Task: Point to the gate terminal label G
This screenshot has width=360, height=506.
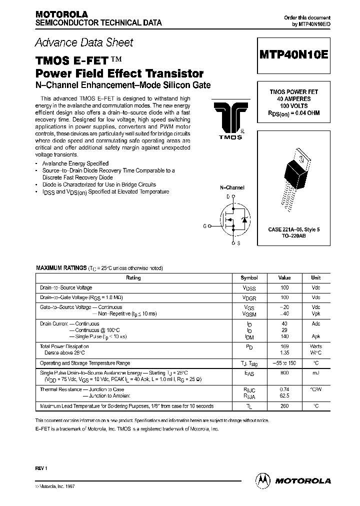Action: click(205, 226)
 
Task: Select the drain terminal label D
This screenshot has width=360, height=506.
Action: click(228, 196)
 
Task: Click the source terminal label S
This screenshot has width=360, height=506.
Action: click(238, 243)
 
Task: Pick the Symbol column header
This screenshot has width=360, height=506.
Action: click(249, 277)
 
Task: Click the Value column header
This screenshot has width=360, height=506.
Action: click(284, 277)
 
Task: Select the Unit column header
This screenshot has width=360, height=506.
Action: click(315, 277)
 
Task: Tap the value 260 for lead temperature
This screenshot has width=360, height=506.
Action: click(284, 406)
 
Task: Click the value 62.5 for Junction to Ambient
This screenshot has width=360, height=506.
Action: click(284, 394)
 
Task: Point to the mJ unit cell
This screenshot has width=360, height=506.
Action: click(315, 372)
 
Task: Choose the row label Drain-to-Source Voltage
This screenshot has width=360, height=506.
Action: click(66, 287)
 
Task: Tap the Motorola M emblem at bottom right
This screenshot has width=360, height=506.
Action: click(262, 480)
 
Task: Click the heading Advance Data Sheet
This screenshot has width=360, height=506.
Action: click(84, 43)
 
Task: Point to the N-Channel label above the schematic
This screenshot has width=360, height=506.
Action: click(232, 187)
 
